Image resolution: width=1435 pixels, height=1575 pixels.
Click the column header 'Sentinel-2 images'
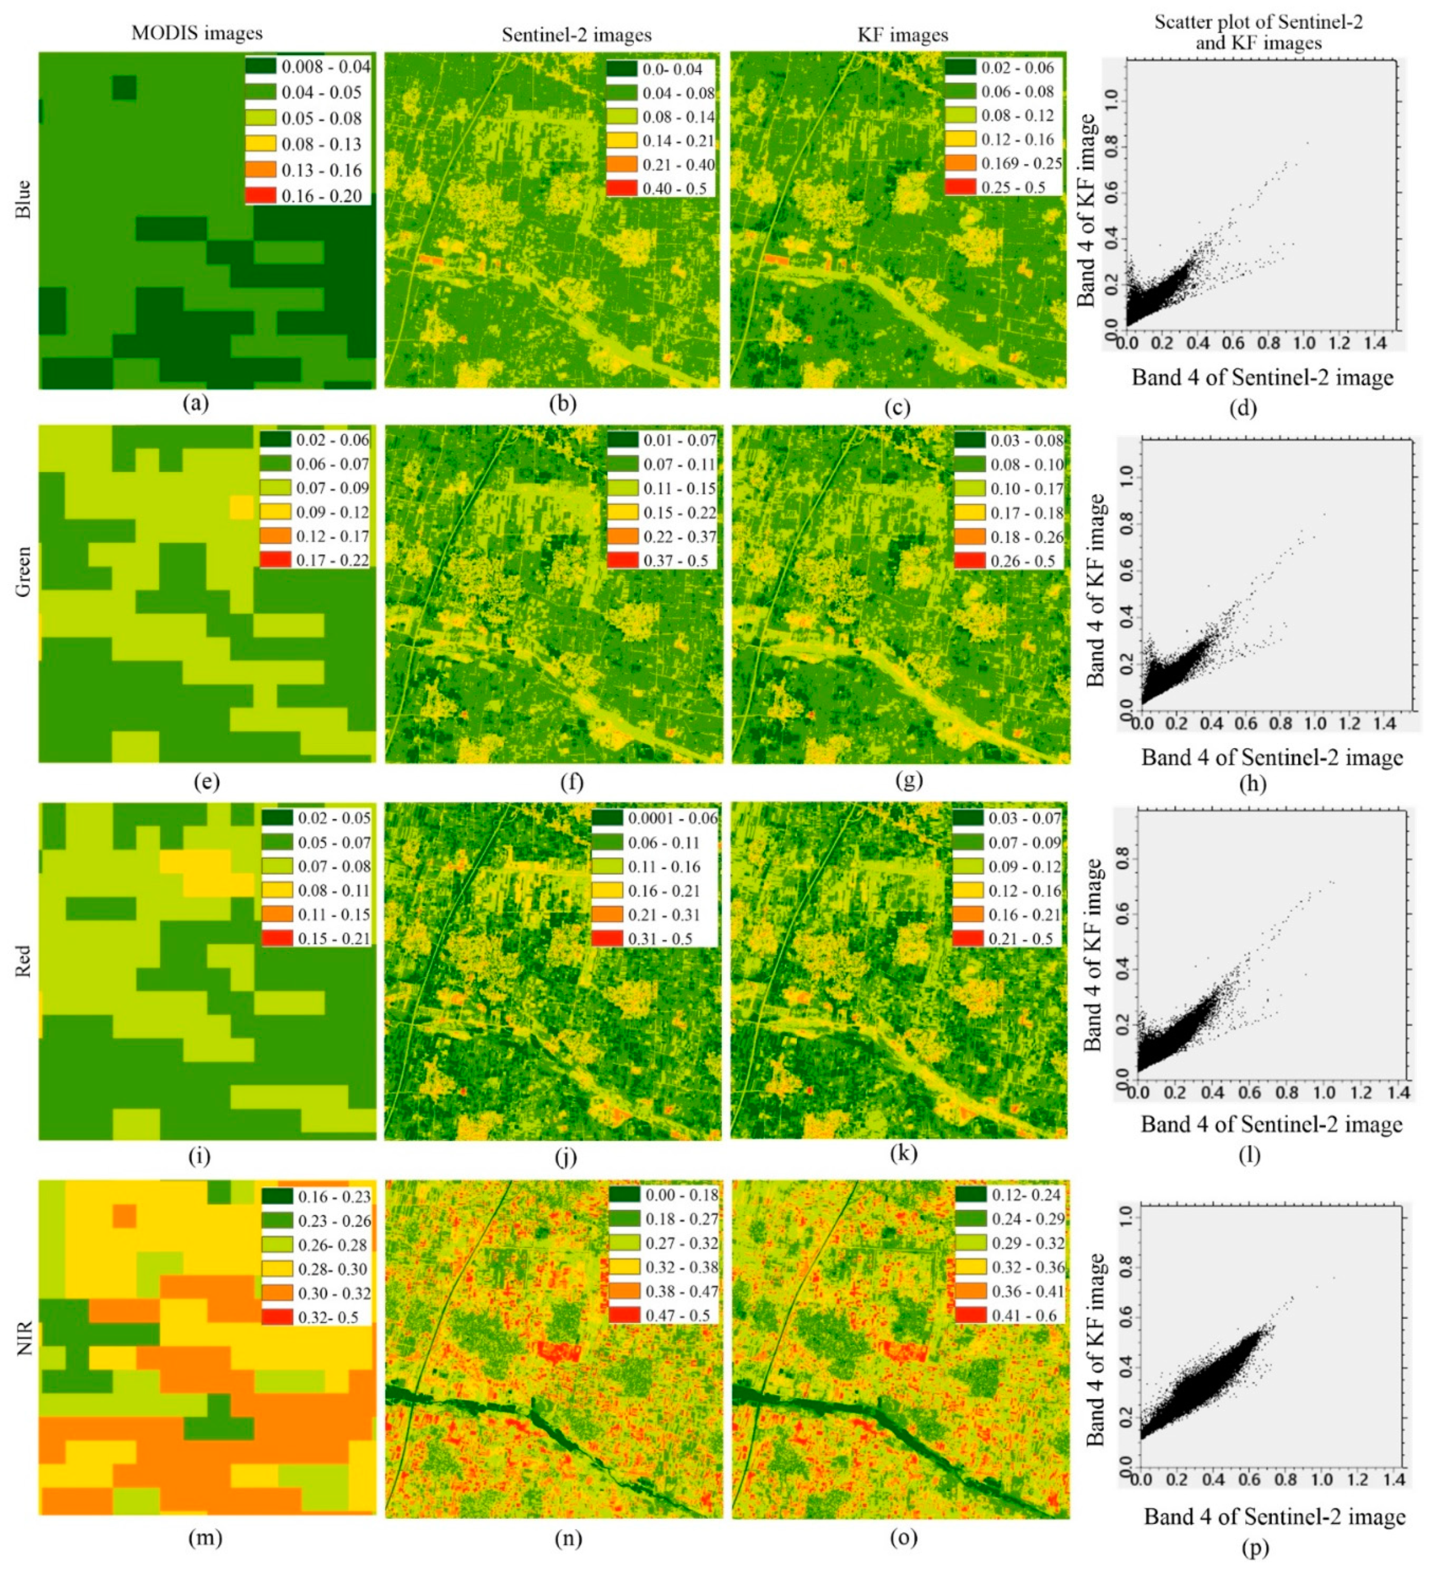click(x=576, y=35)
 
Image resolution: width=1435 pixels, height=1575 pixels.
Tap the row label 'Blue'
click(x=23, y=199)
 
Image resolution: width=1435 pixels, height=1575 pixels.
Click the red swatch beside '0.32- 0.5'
click(x=276, y=1317)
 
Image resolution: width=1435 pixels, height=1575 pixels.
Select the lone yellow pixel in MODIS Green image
click(x=242, y=508)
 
